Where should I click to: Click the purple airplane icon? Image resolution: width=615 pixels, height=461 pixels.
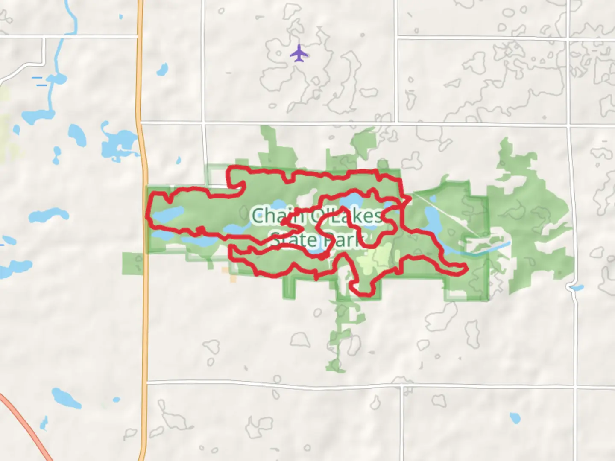point(299,53)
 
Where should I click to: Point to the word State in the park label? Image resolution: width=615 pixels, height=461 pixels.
point(294,240)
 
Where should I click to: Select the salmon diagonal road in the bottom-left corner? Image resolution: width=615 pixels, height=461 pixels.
point(26,427)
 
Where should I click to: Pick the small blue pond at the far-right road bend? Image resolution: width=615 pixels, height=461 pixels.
point(577,288)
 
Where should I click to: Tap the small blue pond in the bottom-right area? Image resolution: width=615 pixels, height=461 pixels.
point(515,417)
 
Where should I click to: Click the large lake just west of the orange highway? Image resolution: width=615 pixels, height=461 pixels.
point(117,143)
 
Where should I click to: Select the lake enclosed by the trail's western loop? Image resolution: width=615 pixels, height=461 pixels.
point(169,213)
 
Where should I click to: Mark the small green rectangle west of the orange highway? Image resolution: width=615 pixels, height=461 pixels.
point(132,263)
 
